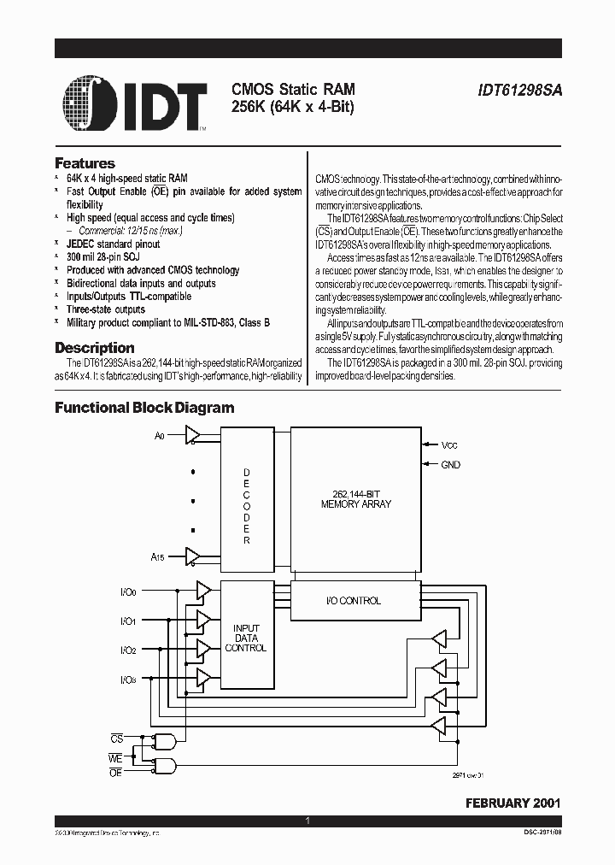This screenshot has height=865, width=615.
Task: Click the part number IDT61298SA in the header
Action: click(x=518, y=89)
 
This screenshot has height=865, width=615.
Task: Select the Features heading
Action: click(x=85, y=163)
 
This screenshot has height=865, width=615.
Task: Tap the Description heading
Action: click(x=94, y=348)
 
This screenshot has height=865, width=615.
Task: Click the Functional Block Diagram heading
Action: click(x=144, y=408)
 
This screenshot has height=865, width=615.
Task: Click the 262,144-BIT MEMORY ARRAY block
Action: click(x=355, y=499)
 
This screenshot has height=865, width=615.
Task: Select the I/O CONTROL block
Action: click(x=355, y=601)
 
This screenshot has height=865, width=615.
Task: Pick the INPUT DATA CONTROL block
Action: click(x=246, y=638)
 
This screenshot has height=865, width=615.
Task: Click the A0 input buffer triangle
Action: click(x=192, y=436)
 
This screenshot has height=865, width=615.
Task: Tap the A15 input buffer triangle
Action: click(x=192, y=556)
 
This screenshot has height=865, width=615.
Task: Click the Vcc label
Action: click(x=450, y=445)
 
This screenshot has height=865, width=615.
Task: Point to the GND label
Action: click(x=450, y=465)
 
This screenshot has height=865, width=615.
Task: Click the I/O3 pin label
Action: click(x=127, y=680)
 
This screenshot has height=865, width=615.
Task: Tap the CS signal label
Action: click(x=117, y=737)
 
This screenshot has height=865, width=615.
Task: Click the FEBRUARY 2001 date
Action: click(x=512, y=803)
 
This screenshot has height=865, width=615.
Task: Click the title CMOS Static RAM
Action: click(x=293, y=89)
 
